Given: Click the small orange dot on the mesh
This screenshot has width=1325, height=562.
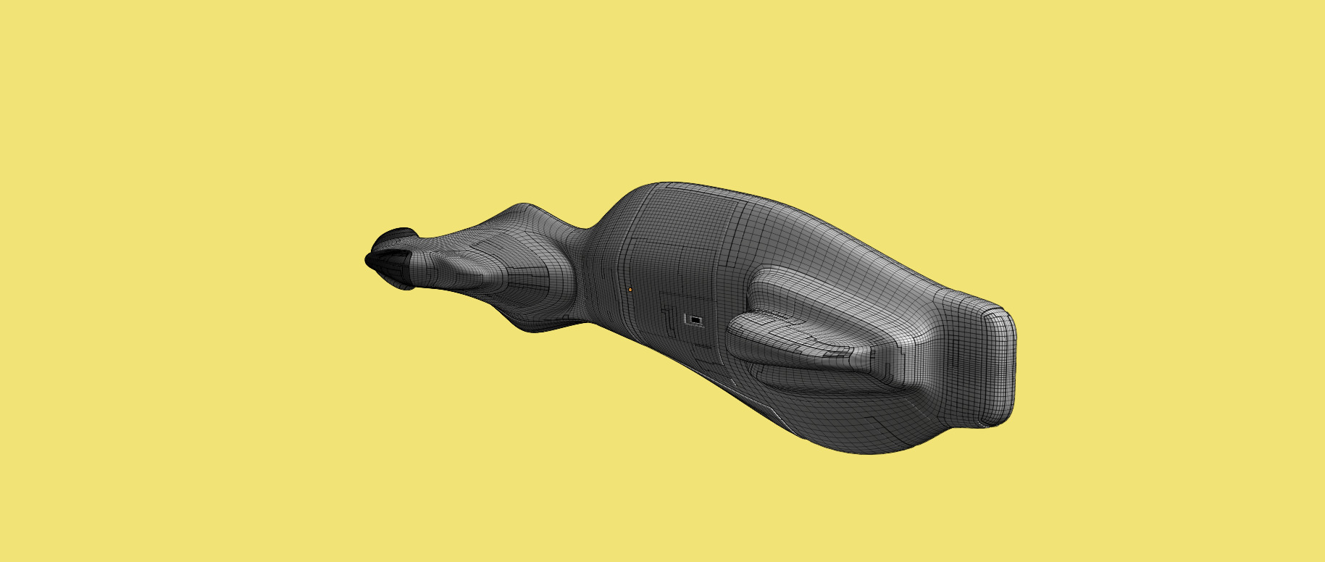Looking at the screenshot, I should pos(630,290).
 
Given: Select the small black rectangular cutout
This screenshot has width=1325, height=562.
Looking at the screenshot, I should pos(695,319).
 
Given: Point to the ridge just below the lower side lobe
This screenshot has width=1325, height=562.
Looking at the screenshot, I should pos(797,384).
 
